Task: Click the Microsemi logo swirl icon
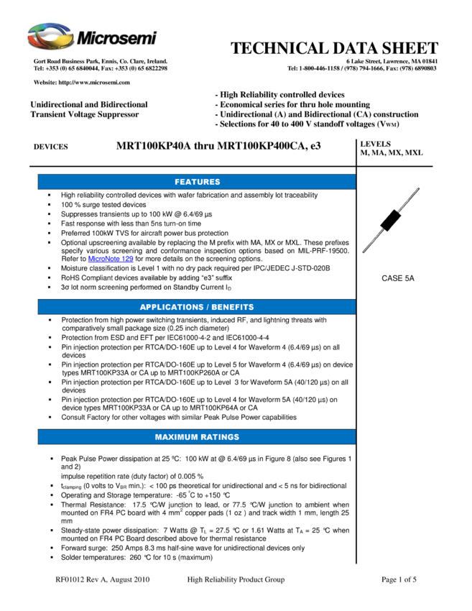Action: (50, 36)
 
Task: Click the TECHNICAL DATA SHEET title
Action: (334, 48)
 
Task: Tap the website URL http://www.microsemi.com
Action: (94, 82)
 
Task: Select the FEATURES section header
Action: (197, 182)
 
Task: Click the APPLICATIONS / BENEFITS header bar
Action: (197, 307)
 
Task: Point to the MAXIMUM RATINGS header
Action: (197, 437)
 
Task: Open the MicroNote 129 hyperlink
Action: (111, 259)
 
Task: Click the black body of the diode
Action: (391, 220)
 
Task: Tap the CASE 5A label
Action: (397, 278)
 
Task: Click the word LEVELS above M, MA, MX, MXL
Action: (376, 144)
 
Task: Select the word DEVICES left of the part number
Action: (50, 147)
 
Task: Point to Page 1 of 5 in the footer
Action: (399, 579)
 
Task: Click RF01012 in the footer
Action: (70, 579)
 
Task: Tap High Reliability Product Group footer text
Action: (236, 579)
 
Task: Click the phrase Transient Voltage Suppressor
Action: (85, 114)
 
